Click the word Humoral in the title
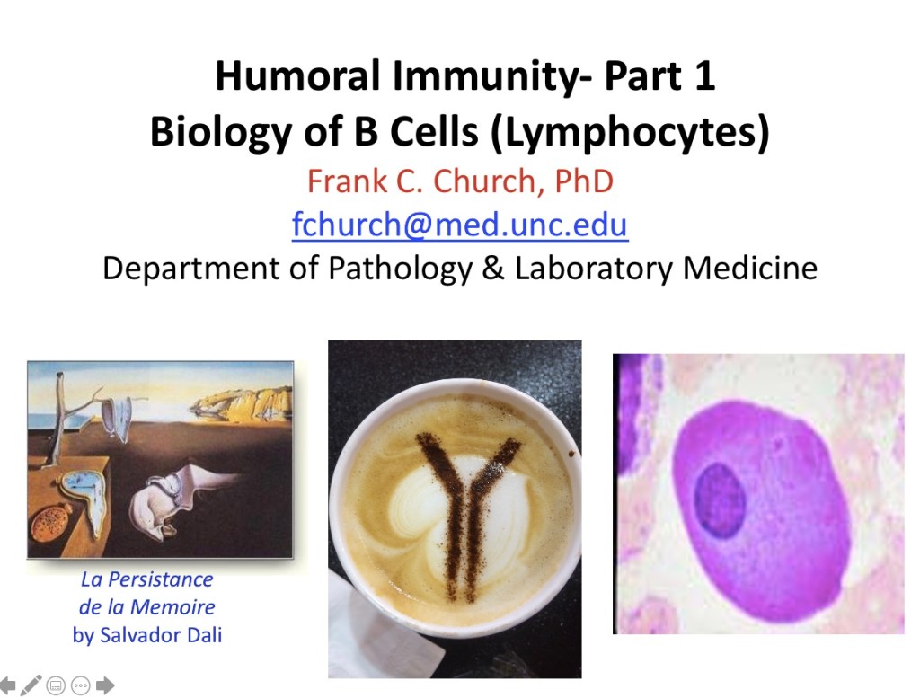pyautogui.click(x=297, y=75)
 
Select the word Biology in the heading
pyautogui.click(x=221, y=132)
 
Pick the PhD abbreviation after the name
pyautogui.click(x=584, y=181)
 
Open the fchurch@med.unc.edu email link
pyautogui.click(x=460, y=224)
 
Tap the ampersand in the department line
pyautogui.click(x=493, y=268)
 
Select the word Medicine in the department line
pyautogui.click(x=750, y=268)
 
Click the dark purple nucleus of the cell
pyautogui.click(x=720, y=499)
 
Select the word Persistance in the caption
pyautogui.click(x=160, y=579)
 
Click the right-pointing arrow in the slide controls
pyautogui.click(x=105, y=685)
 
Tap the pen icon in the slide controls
pyautogui.click(x=31, y=685)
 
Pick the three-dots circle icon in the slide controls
pyautogui.click(x=80, y=685)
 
